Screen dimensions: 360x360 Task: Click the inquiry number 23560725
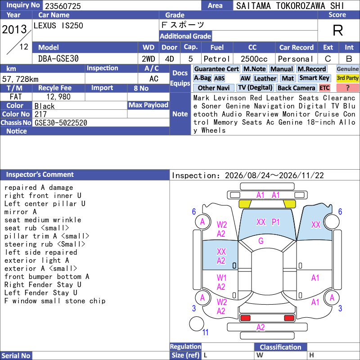tap(63, 6)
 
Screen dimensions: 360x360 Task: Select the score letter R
tap(338, 30)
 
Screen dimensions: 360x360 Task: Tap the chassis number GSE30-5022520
tap(61, 123)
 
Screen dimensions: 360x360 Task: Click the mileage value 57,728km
tap(20, 79)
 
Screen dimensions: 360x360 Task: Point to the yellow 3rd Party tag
tap(347, 78)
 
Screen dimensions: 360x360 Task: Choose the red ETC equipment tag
tap(324, 88)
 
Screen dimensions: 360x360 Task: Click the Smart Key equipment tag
tap(315, 78)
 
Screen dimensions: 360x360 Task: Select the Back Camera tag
tap(297, 88)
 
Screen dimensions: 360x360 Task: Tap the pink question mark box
tap(347, 88)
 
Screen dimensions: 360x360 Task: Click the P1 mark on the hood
tap(276, 222)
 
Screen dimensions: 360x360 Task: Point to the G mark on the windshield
tap(261, 241)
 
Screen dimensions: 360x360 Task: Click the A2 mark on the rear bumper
tap(261, 327)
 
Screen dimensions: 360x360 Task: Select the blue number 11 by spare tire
tap(205, 332)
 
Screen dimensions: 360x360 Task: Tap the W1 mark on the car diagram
tap(221, 278)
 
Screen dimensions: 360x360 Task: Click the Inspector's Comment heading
tap(40, 175)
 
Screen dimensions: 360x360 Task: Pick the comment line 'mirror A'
tap(20, 211)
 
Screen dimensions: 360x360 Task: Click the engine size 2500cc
tap(254, 59)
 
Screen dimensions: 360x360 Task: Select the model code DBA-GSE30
tap(58, 59)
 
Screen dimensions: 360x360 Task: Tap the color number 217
tap(40, 114)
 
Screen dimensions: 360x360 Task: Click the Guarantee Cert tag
tap(216, 69)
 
